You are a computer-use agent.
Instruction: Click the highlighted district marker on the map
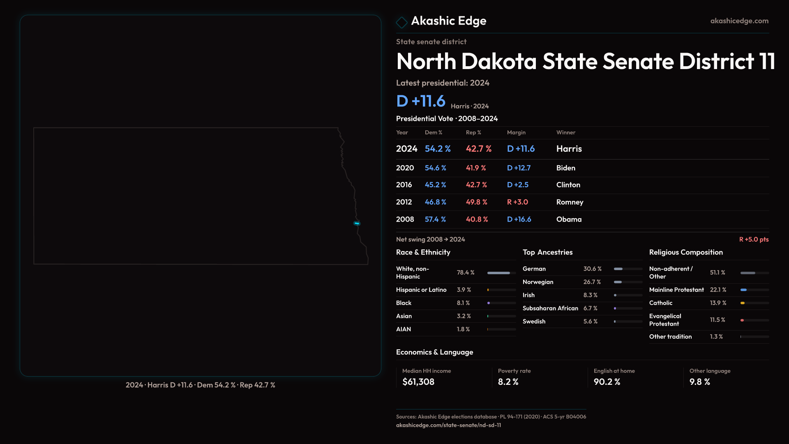coord(357,223)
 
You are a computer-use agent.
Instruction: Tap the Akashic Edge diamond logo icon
coord(401,22)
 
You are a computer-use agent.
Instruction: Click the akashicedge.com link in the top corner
coord(739,21)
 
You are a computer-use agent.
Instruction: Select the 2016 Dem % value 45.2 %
coord(435,185)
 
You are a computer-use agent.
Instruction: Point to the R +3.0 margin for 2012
coord(517,202)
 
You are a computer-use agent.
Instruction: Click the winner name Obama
coord(569,220)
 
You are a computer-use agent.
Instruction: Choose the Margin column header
coord(516,132)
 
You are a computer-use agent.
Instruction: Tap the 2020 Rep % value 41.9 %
coord(476,168)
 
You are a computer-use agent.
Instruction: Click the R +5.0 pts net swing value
coord(754,239)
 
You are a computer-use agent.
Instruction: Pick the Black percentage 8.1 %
coord(463,303)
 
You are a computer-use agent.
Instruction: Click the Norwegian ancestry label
coord(538,282)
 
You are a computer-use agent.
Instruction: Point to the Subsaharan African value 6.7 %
coord(591,308)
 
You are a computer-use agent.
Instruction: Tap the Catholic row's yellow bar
coord(743,303)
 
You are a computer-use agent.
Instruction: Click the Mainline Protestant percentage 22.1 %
coord(718,290)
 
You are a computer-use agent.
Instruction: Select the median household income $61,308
coord(418,382)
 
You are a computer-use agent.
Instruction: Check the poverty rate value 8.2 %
coord(508,382)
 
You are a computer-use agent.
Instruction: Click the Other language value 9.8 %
coord(699,382)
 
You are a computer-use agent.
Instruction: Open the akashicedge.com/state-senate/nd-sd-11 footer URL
coord(448,425)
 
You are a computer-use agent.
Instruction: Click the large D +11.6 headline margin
coord(420,101)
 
